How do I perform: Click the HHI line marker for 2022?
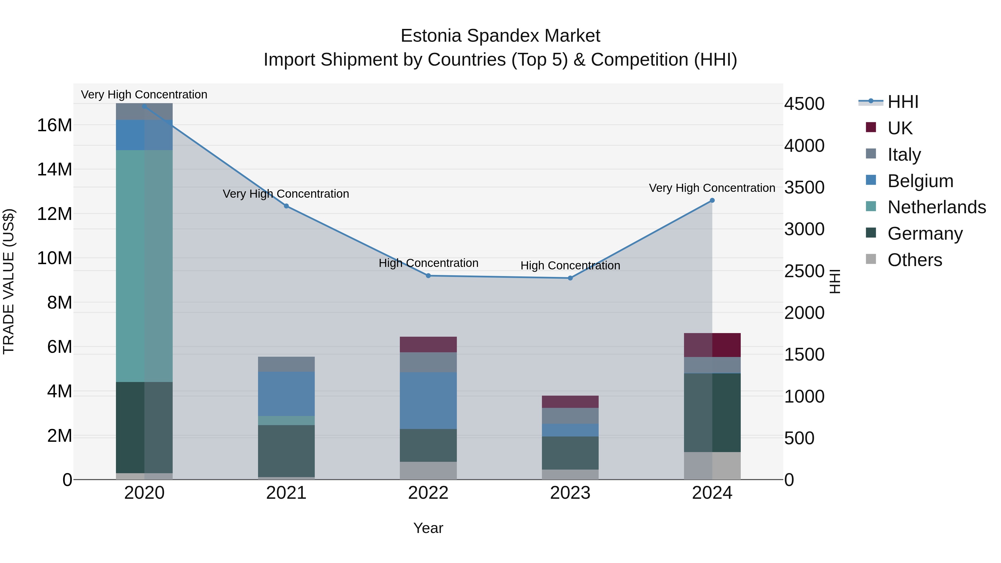click(428, 276)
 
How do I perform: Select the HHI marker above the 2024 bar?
click(712, 200)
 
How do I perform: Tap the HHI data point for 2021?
click(286, 206)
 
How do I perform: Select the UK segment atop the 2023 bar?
click(570, 402)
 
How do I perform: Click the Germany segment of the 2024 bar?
click(712, 412)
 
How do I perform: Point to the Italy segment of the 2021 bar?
click(286, 364)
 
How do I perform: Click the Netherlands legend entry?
click(936, 207)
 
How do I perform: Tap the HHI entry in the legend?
click(903, 102)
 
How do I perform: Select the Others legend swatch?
click(871, 259)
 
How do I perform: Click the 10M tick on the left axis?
click(54, 258)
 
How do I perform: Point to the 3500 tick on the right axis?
click(804, 188)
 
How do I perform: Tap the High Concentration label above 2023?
click(570, 266)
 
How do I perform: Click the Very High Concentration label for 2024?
click(712, 188)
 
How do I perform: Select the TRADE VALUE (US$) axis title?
click(9, 281)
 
